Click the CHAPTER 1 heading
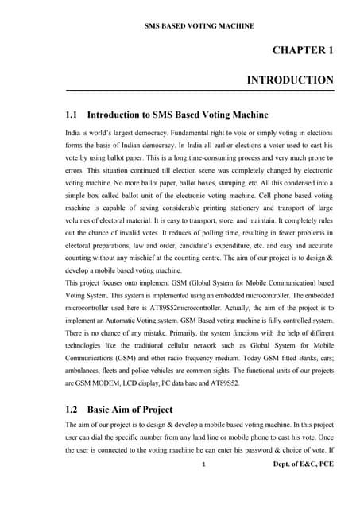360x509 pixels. [x=303, y=51]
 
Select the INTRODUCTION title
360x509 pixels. [x=290, y=80]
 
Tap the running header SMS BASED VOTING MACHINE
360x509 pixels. [x=198, y=26]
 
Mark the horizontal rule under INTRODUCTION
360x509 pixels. [x=199, y=91]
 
